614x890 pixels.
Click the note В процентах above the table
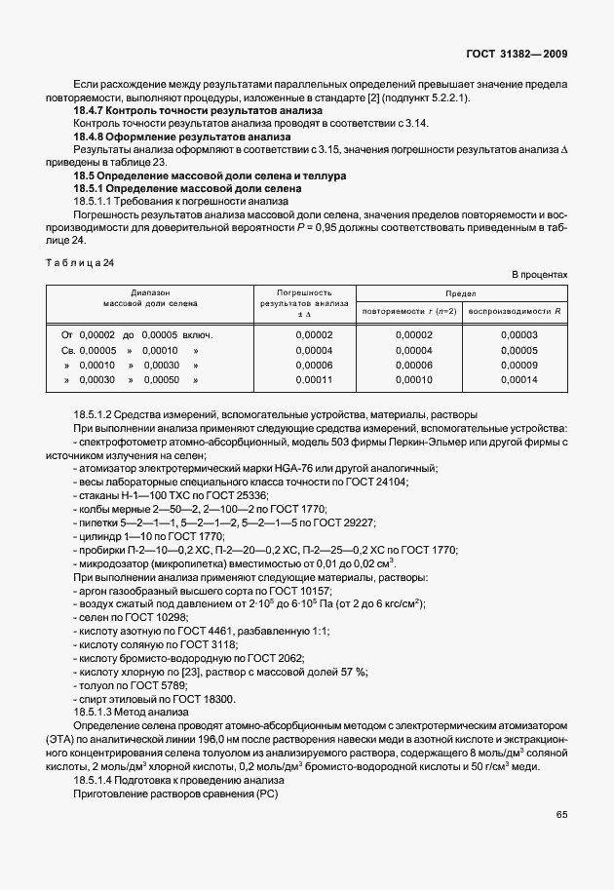tap(540, 275)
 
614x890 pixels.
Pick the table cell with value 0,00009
tap(518, 364)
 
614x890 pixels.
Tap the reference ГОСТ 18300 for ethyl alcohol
tap(202, 699)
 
